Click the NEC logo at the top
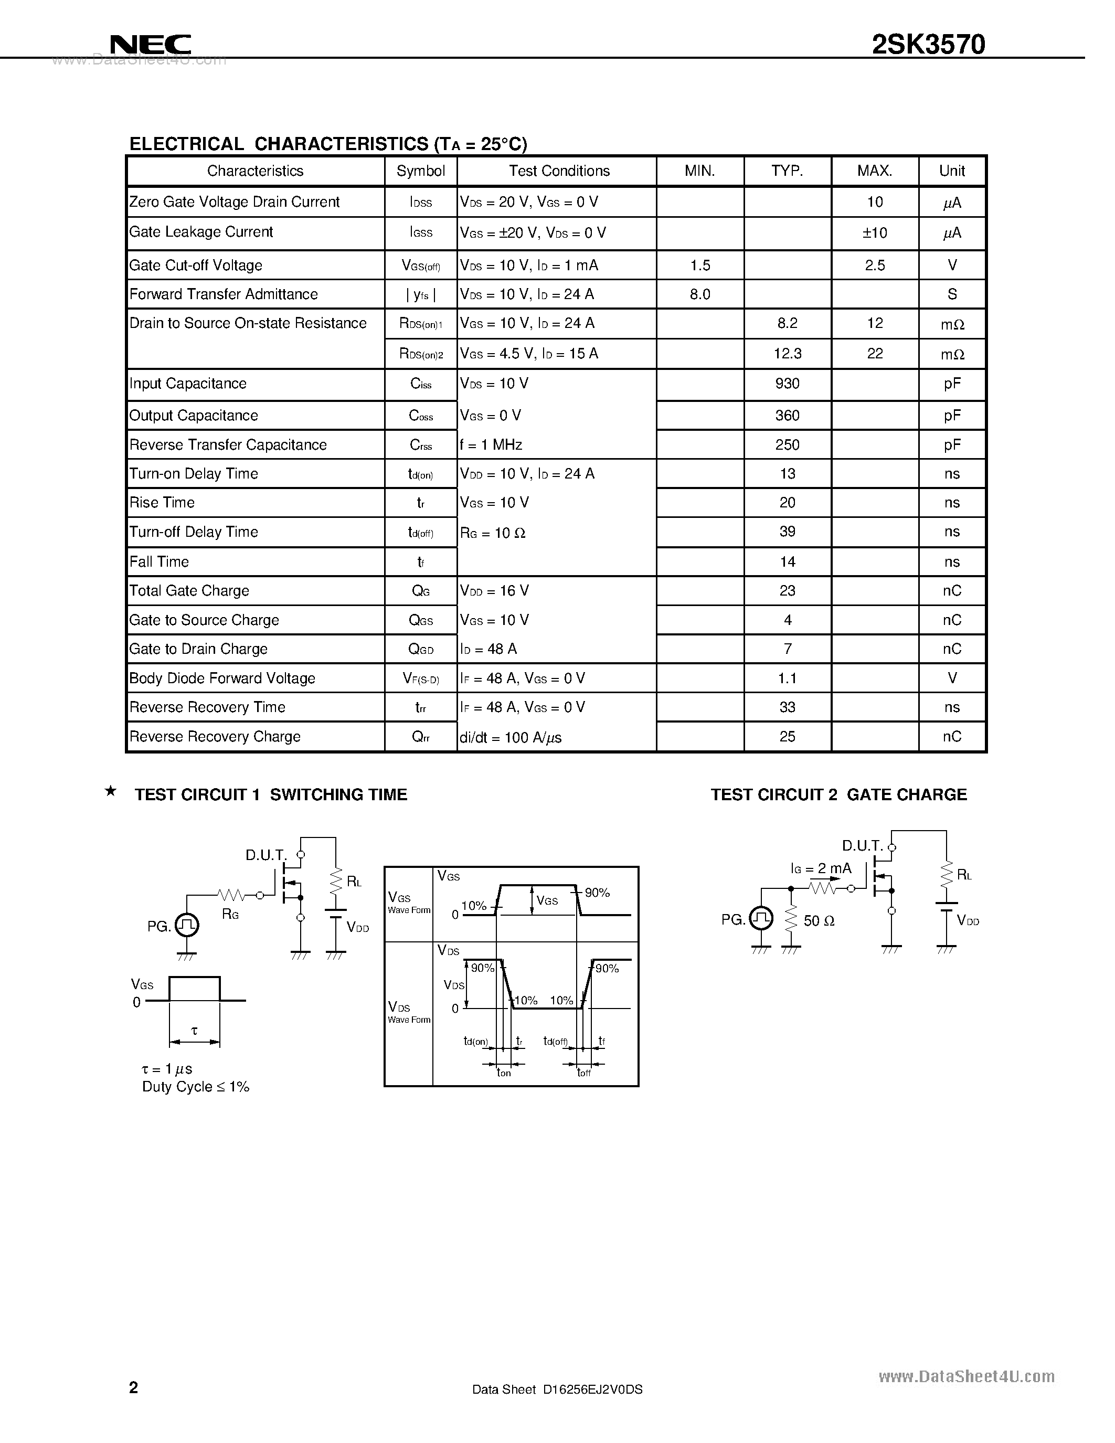coord(151,45)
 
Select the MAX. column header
coord(875,171)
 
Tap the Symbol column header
coord(421,171)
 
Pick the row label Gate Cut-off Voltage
coord(196,266)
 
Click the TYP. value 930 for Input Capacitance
coord(788,384)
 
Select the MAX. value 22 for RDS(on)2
coord(875,354)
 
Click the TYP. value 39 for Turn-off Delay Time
coord(788,532)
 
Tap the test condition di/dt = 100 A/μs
coord(511,737)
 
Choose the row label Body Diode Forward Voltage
coord(222,678)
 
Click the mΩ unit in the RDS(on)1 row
coord(952,324)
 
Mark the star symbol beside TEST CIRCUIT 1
coord(111,791)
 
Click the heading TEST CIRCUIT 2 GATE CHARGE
coord(838,795)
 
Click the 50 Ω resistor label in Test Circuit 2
coord(819,921)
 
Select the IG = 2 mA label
coord(821,869)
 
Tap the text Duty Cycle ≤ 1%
coord(196,1087)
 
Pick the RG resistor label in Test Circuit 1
coord(230,915)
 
